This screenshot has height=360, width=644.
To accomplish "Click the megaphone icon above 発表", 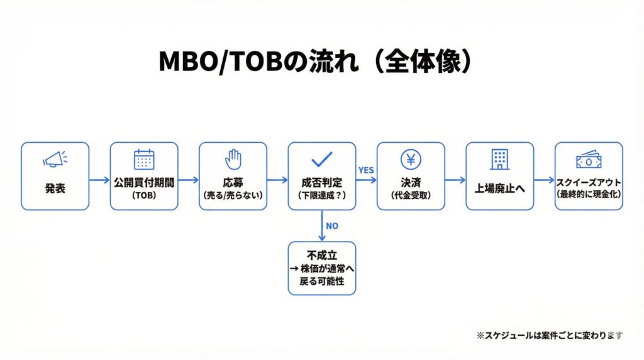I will click(54, 160).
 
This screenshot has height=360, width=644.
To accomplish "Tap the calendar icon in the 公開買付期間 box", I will click(144, 160).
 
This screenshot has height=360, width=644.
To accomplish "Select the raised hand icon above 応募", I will click(233, 159).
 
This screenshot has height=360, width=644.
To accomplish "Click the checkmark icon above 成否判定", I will click(322, 159).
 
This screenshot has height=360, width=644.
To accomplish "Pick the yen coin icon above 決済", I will click(411, 159).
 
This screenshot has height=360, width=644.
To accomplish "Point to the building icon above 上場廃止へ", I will click(500, 160).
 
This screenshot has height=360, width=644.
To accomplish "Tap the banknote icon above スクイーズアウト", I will click(589, 160).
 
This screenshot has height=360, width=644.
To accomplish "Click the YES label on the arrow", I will click(365, 170).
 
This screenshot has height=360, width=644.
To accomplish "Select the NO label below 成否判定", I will click(332, 225).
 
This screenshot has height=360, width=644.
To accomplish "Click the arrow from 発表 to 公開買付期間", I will click(99, 180).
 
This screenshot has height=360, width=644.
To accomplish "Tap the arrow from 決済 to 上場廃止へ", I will click(455, 180).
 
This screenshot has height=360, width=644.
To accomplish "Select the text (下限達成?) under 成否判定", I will click(322, 195).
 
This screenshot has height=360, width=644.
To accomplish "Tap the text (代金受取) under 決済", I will click(411, 195).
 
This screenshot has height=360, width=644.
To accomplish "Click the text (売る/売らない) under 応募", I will click(233, 195).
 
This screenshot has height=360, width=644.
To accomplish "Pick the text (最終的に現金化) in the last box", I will click(589, 194).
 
